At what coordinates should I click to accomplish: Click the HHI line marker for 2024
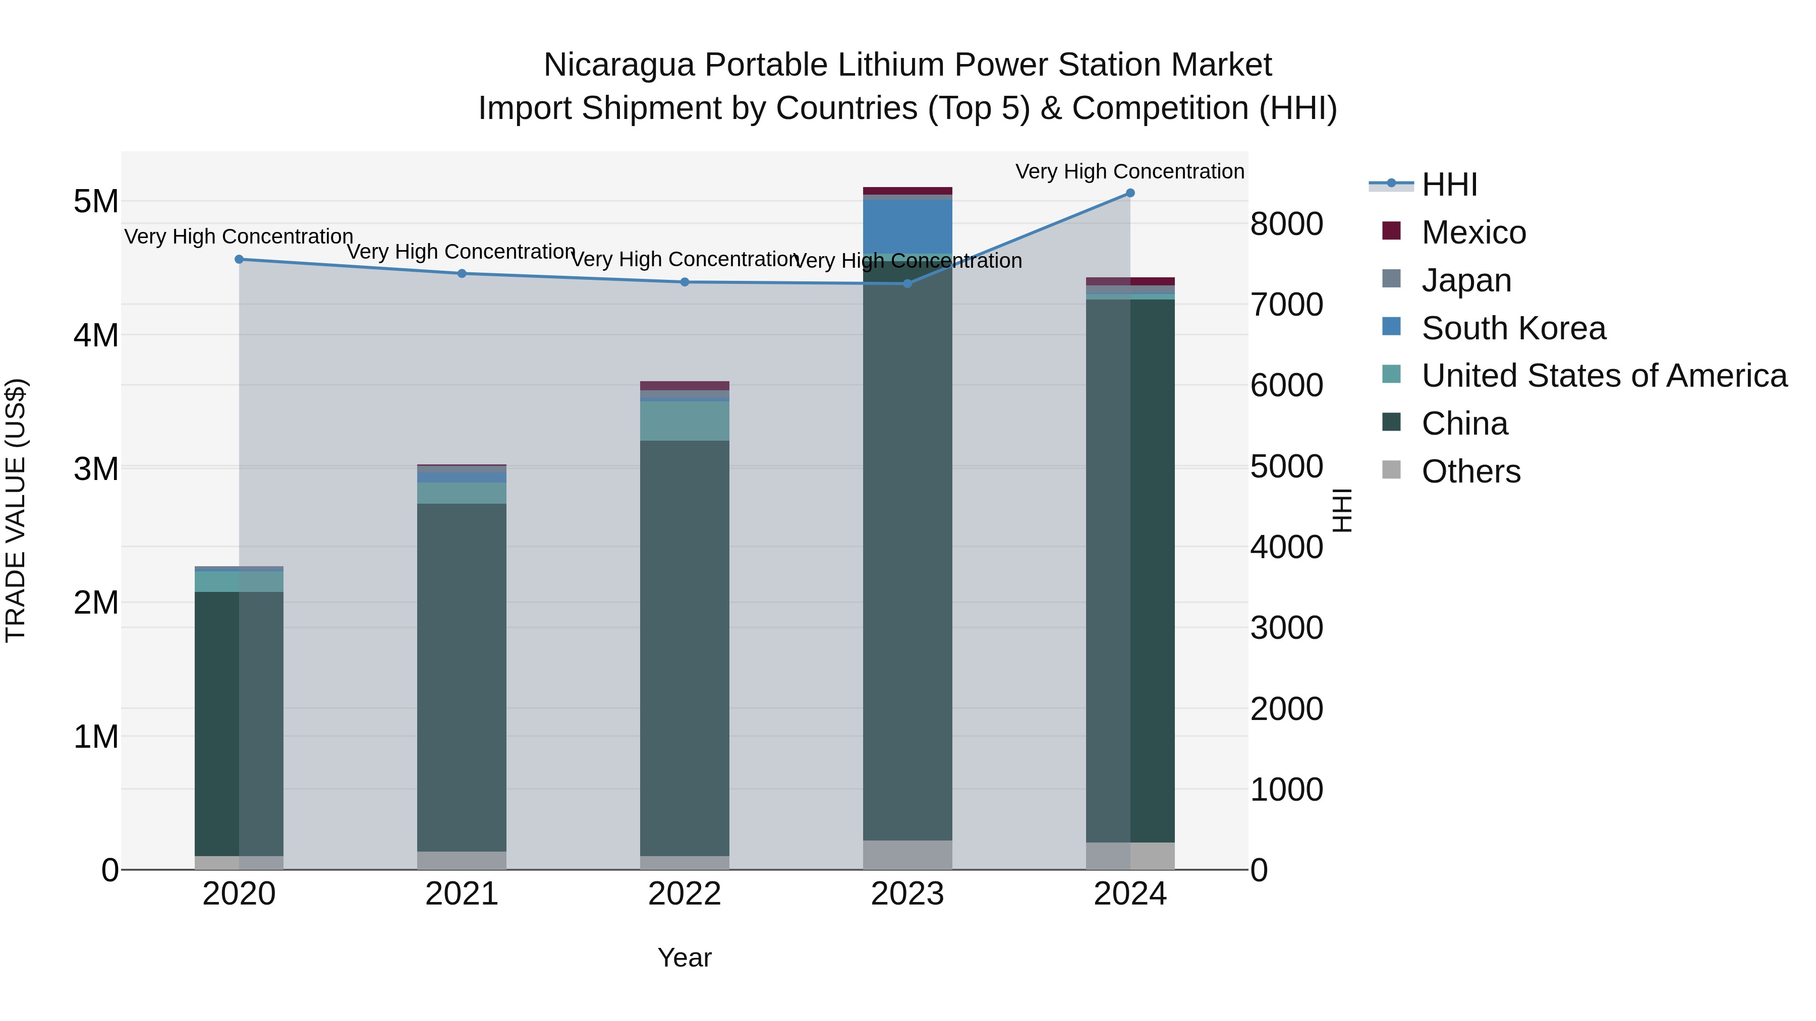(1130, 193)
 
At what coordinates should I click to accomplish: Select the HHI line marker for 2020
(239, 259)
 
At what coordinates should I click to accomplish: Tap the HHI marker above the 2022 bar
(685, 282)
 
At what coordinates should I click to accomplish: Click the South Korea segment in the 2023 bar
(907, 225)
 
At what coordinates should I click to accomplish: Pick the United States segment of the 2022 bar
(685, 421)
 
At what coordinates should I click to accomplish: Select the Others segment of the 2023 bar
(907, 855)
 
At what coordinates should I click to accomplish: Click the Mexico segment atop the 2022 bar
(685, 385)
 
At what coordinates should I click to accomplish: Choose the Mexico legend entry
(1473, 232)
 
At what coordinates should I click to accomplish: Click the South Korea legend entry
(1513, 328)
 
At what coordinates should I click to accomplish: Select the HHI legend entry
(1449, 185)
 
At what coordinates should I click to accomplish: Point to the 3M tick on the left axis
(96, 468)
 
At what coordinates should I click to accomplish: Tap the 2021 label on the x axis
(462, 894)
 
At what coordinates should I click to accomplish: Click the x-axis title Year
(685, 957)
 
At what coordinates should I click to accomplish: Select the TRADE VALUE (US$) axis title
(16, 510)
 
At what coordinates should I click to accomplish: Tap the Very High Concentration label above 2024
(1129, 171)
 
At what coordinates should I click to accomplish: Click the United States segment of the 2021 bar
(462, 493)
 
